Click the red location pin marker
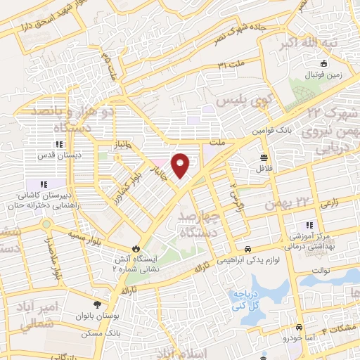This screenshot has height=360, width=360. pos(181,165)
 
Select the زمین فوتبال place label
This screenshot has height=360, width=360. pos(321,73)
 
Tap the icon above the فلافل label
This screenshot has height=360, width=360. pos(263,157)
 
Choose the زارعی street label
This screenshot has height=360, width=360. pos(330,202)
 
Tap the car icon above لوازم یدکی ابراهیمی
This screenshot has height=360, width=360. pos(247,249)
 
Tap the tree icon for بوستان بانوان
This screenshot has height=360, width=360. pos(96,305)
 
